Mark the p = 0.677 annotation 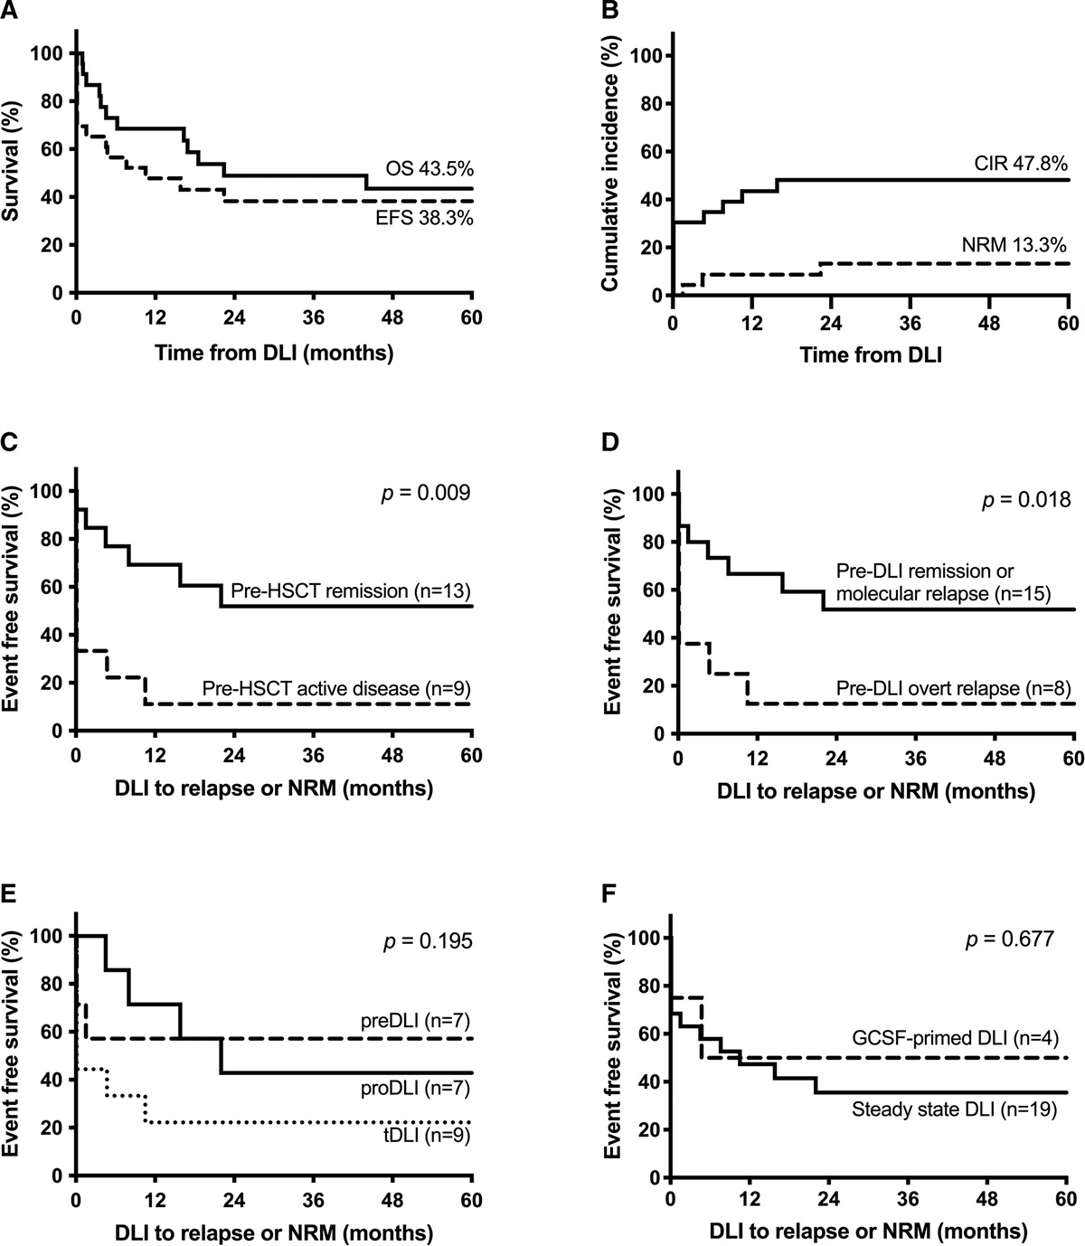click(x=1010, y=939)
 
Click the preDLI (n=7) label click(x=418, y=1019)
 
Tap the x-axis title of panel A click(x=274, y=353)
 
